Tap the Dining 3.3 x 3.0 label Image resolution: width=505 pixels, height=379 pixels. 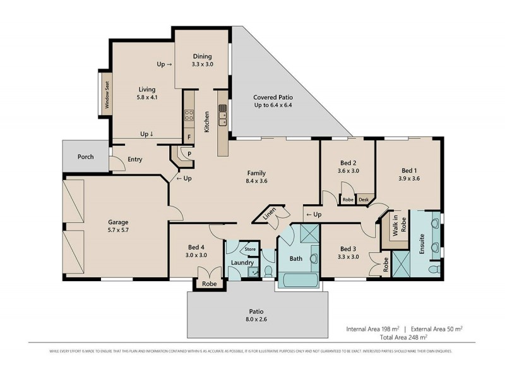click(x=202, y=60)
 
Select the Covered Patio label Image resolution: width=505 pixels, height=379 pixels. click(x=273, y=102)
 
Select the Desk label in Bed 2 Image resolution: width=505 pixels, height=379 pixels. click(x=363, y=200)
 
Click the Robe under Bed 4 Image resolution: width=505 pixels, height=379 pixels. click(x=208, y=284)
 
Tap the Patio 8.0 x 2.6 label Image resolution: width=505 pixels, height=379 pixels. click(x=256, y=315)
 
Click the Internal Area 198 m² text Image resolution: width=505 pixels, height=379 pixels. click(x=372, y=329)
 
